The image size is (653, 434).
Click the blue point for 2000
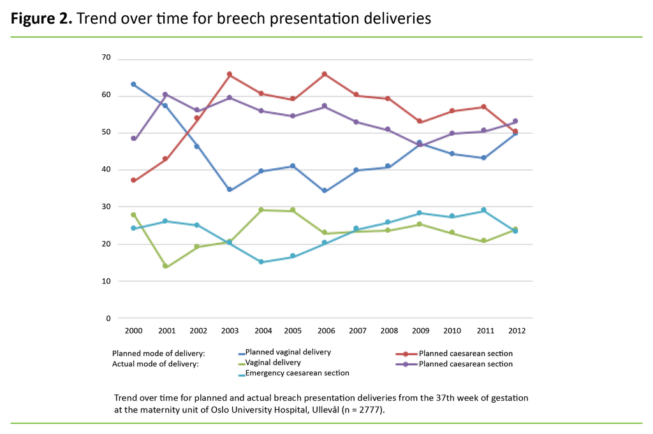click(133, 84)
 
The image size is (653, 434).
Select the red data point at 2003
click(230, 75)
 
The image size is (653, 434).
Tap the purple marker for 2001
click(165, 94)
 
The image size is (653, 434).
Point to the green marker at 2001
click(165, 266)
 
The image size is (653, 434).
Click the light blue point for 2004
click(261, 262)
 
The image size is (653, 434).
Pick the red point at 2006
click(325, 75)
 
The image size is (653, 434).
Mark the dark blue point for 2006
click(325, 191)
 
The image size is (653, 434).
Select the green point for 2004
click(261, 210)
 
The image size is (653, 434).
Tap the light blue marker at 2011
click(483, 210)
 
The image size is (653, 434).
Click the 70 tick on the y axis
click(106, 58)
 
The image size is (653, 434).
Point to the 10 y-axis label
click(106, 281)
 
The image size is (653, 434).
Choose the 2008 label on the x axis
click(388, 331)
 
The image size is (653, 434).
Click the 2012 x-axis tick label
click(515, 331)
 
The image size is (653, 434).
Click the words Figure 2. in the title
click(41, 18)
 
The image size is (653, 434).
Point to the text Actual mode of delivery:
click(155, 364)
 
